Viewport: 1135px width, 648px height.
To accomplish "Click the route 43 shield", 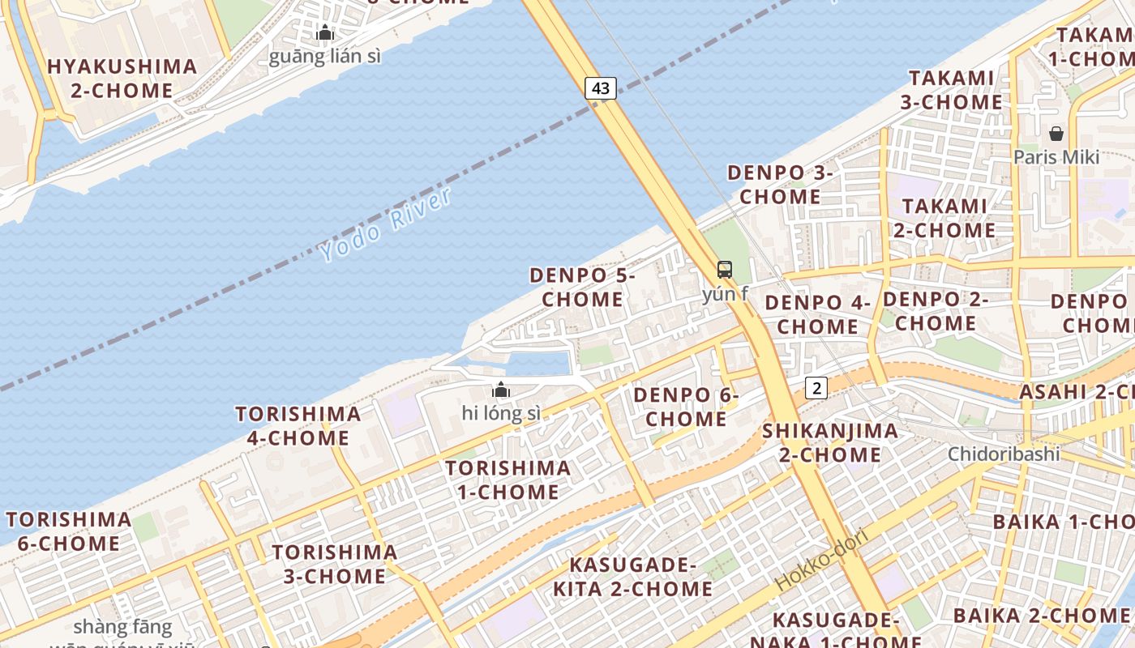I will tap(601, 88).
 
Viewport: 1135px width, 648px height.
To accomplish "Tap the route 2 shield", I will tap(816, 388).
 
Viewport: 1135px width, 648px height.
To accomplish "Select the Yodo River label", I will tap(386, 225).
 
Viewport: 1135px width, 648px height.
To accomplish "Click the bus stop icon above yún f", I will tap(725, 270).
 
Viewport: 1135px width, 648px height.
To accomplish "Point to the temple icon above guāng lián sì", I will tap(325, 33).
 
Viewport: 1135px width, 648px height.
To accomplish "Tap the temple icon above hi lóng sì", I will tap(501, 390).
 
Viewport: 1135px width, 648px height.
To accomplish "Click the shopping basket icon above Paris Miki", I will tap(1056, 134).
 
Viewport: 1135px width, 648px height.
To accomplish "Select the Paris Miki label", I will tap(1056, 156).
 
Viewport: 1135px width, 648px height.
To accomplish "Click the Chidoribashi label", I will tap(1004, 454).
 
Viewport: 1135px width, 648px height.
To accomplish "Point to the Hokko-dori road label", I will tap(821, 559).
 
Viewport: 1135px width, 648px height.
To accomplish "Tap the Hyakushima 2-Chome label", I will tap(122, 79).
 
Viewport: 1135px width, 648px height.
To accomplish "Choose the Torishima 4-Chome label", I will tap(298, 426).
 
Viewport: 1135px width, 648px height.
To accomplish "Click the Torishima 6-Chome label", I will tap(69, 531).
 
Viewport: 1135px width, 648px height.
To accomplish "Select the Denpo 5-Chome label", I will tap(582, 288).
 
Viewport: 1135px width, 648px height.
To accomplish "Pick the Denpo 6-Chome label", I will tap(686, 407).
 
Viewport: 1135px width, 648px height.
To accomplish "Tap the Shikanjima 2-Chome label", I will tap(830, 442).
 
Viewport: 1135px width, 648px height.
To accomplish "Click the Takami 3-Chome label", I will tap(951, 90).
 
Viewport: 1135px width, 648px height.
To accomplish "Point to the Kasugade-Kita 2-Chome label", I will tap(632, 577).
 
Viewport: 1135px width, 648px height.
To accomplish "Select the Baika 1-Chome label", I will tap(1062, 522).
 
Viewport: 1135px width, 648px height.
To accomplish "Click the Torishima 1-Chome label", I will tap(508, 480).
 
